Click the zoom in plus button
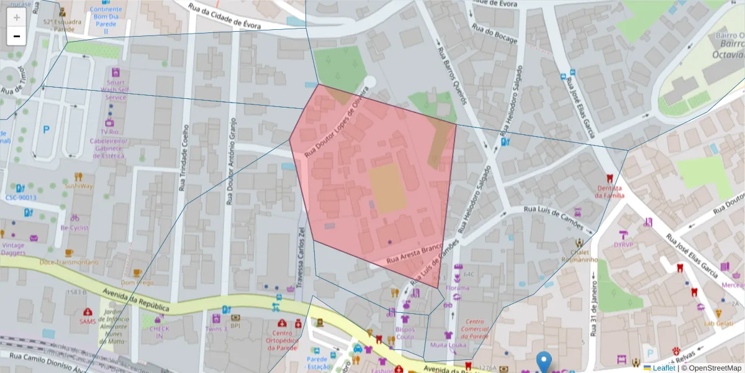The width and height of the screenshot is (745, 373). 16,17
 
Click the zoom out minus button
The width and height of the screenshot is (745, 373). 16,36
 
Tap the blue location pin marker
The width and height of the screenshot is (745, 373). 544,361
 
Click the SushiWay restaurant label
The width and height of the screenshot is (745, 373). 79,185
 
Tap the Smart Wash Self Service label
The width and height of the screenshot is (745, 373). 115,90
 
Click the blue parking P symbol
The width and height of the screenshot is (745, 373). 46,130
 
